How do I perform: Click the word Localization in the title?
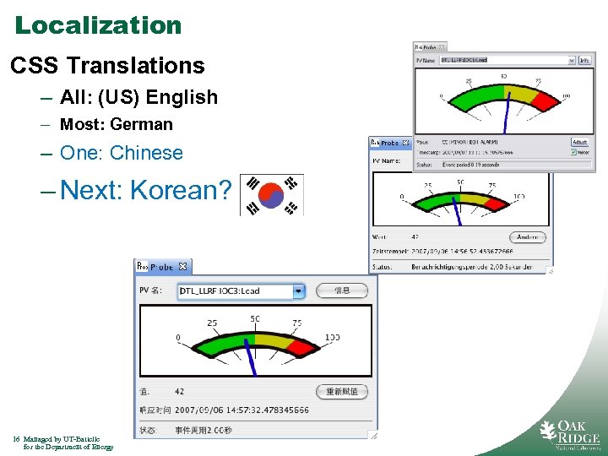(98, 25)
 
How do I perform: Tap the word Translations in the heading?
(148, 66)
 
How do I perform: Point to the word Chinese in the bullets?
(146, 153)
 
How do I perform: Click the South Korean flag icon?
(271, 195)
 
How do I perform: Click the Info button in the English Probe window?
(584, 60)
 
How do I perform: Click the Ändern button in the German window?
(527, 237)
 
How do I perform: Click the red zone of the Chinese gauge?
(301, 347)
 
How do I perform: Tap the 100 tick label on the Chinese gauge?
(332, 338)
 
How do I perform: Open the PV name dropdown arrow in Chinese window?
(298, 290)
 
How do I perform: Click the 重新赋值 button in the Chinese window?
(342, 392)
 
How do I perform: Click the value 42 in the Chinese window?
(180, 392)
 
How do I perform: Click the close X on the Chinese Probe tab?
(182, 267)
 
